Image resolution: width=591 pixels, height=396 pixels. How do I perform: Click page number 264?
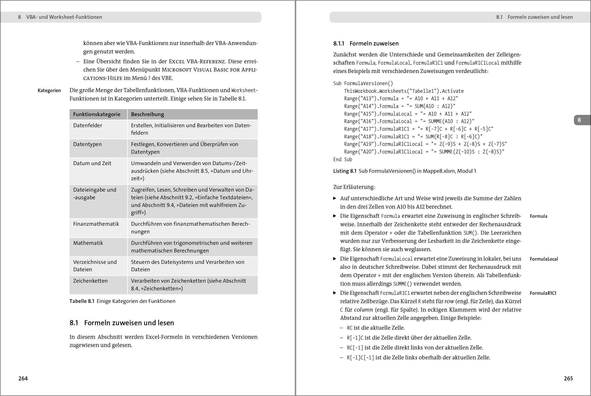click(23, 378)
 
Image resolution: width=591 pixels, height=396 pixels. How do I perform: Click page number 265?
click(568, 378)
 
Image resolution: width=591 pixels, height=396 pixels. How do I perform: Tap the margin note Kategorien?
click(49, 90)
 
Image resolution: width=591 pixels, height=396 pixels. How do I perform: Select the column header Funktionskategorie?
click(97, 114)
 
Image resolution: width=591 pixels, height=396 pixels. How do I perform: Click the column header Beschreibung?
click(147, 114)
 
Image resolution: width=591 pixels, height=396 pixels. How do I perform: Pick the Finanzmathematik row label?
click(96, 224)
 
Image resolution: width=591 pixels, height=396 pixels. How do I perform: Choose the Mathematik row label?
click(88, 243)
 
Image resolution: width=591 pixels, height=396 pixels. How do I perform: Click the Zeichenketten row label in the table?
click(90, 281)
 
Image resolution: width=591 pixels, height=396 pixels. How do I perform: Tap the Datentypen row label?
click(87, 144)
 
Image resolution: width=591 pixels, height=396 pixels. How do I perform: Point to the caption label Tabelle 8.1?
click(82, 301)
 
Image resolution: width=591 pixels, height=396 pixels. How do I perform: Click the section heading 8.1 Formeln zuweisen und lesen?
click(122, 323)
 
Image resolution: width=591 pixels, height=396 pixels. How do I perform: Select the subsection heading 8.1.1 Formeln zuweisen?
click(366, 44)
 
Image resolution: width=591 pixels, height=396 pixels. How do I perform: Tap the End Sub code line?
click(342, 159)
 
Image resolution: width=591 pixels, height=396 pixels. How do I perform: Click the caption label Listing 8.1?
click(345, 171)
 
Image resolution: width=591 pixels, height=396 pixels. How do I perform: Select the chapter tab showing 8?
click(579, 120)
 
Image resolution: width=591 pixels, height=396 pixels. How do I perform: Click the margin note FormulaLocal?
click(544, 259)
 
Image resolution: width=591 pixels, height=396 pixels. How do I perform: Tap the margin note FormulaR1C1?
click(543, 293)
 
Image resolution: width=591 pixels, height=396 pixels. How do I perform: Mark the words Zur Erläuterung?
click(354, 187)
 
